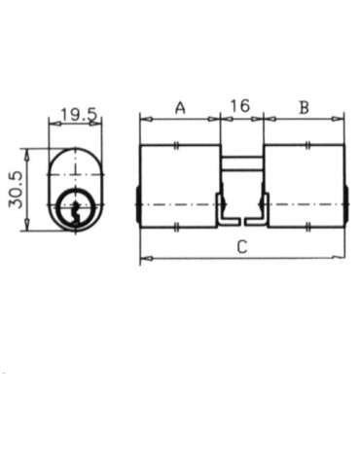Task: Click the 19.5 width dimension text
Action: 77,115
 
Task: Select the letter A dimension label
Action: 180,107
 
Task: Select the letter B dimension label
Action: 304,107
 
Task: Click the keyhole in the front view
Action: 72,207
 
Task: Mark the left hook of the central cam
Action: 223,208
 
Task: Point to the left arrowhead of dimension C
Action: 144,259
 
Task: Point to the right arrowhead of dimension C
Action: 341,259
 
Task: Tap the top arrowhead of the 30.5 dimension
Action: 30,151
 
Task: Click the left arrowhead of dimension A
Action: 144,119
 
